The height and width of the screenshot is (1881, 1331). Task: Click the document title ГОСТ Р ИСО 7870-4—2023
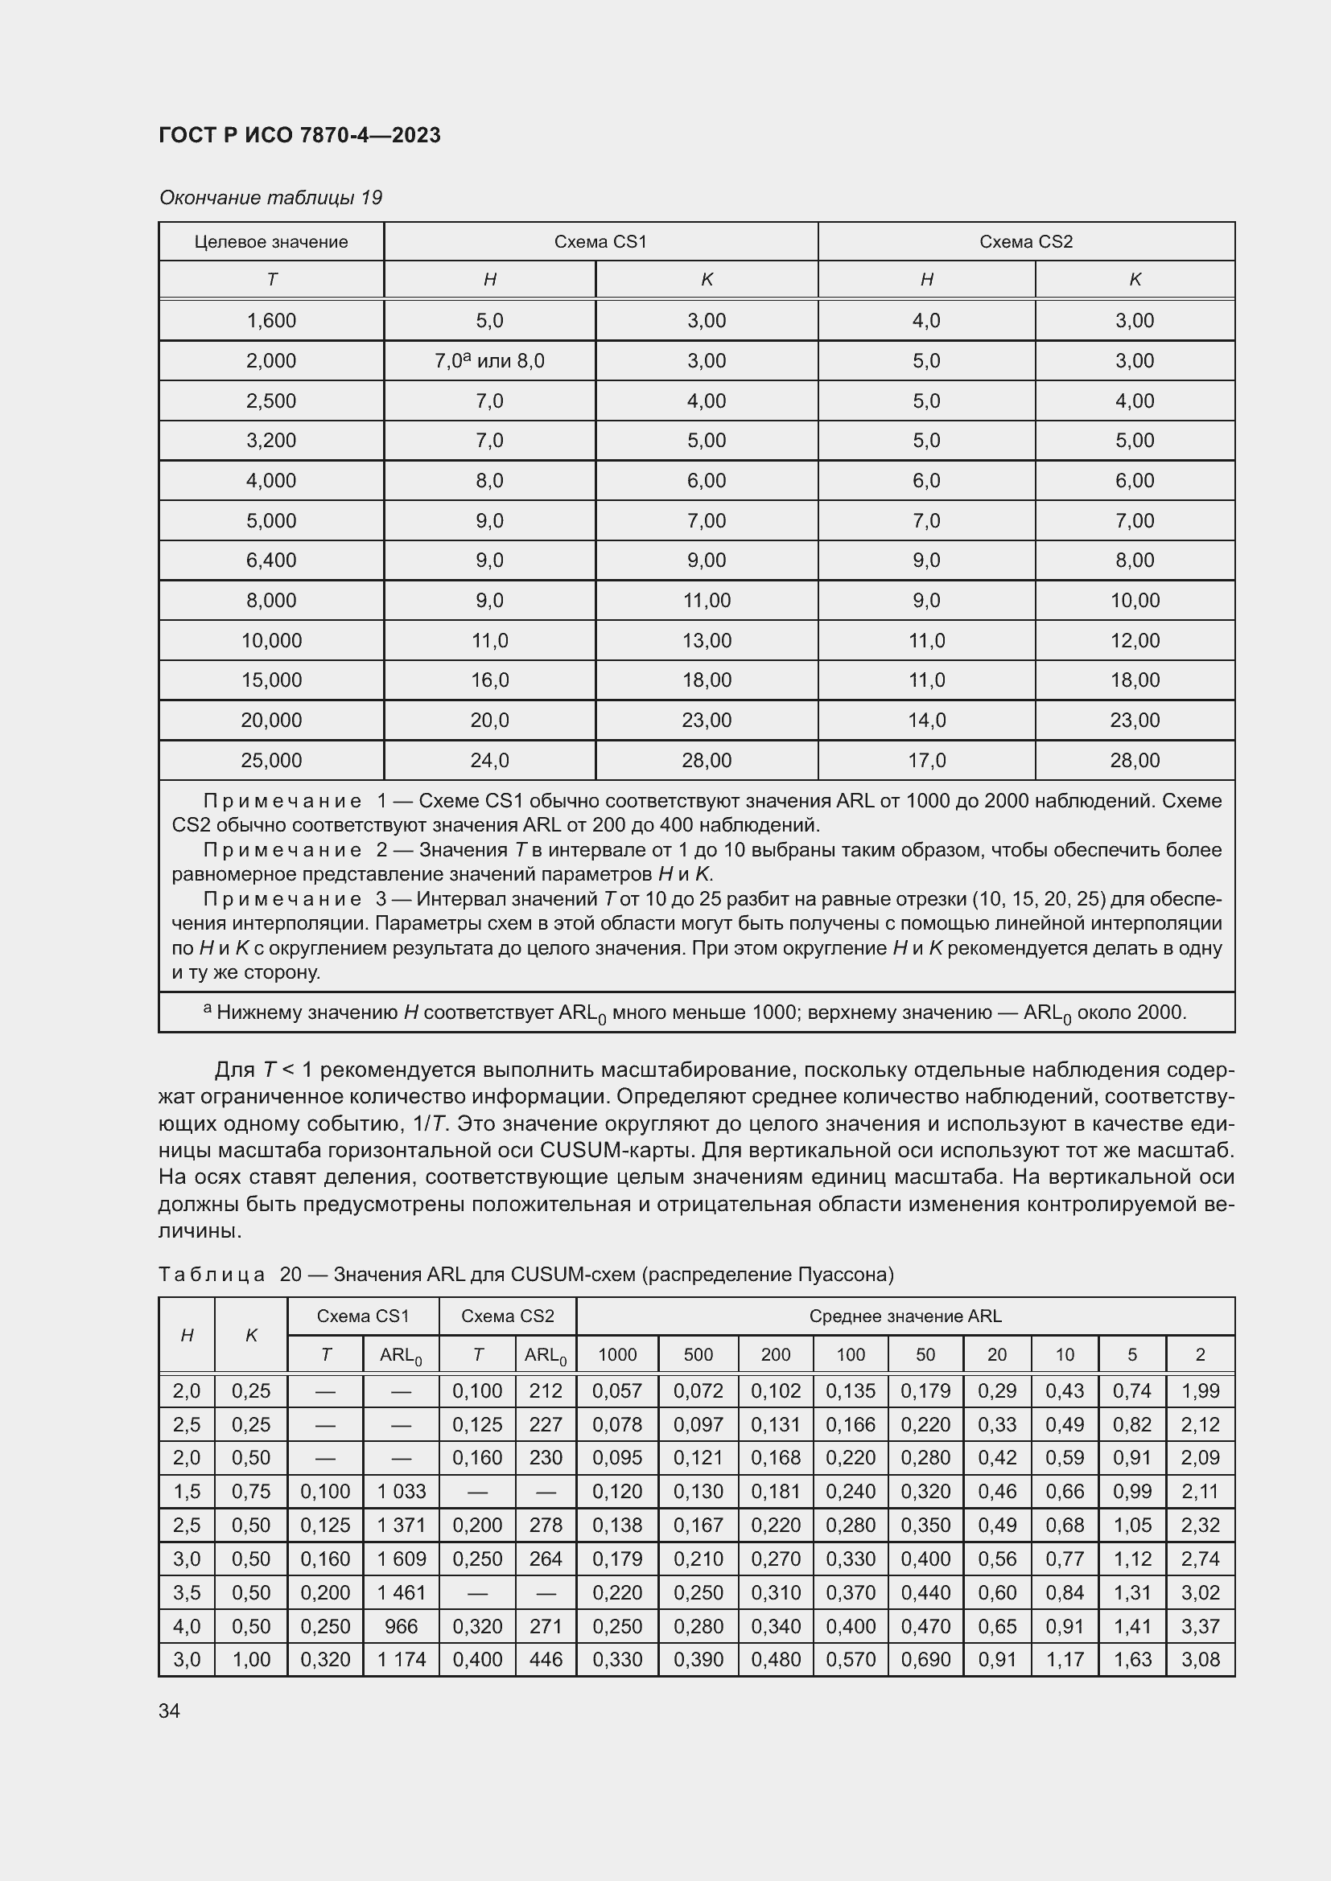[299, 135]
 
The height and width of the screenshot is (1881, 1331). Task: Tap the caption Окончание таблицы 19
[270, 198]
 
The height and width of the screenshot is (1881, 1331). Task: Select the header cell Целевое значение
[270, 242]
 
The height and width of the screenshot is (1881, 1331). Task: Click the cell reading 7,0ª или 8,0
[489, 360]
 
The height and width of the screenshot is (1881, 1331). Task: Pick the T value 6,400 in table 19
[270, 561]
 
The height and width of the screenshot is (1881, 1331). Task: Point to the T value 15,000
[270, 680]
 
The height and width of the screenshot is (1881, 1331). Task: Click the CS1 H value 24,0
[489, 760]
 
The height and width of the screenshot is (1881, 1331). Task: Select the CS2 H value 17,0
[926, 760]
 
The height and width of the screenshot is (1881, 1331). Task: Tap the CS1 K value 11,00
[707, 601]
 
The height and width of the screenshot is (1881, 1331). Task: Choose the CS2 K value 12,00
[1135, 641]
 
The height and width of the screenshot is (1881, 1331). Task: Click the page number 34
[170, 1711]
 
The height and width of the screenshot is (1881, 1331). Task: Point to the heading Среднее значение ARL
[905, 1316]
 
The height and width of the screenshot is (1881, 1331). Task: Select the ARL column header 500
[698, 1354]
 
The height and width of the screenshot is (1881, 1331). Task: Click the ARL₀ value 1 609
[401, 1559]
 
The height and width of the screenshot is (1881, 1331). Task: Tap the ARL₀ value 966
[401, 1625]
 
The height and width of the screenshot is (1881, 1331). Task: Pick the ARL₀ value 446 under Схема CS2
[546, 1659]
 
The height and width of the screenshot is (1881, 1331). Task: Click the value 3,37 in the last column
[1200, 1625]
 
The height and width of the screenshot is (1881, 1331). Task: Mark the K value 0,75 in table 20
[251, 1491]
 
